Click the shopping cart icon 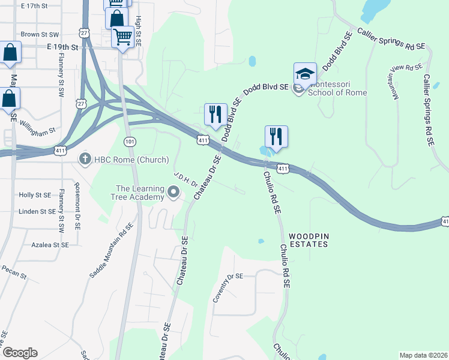pos(123,37)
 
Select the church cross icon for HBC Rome pos(85,158)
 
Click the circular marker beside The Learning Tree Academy pos(174,192)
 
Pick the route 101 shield pos(129,141)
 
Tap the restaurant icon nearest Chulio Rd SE pos(276,136)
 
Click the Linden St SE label pos(37,212)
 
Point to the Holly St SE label pos(34,195)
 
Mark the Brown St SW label pos(40,35)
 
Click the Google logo pos(19,353)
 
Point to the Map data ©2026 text pos(423,355)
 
